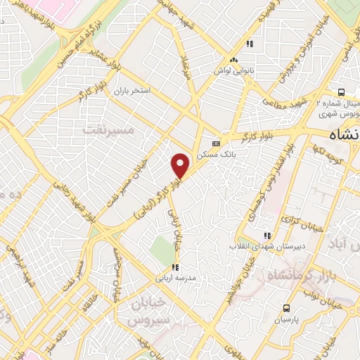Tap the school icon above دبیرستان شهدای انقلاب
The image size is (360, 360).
(266, 236)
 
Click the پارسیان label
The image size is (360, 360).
(286, 318)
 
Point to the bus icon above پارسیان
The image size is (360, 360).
(286, 307)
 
